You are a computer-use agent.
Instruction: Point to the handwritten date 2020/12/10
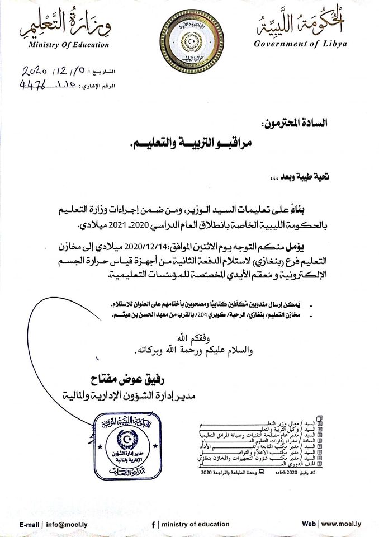pos(55,73)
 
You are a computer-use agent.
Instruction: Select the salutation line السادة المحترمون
pos(301,122)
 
